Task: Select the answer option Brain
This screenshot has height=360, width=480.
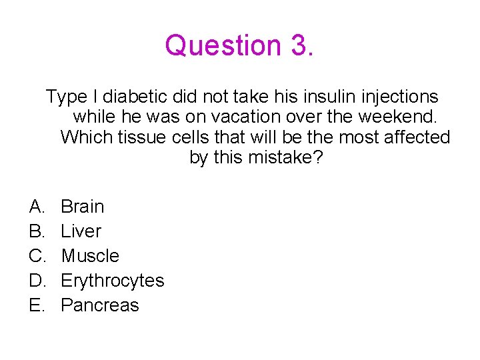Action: pyautogui.click(x=82, y=207)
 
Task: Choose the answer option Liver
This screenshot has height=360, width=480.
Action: pyautogui.click(x=81, y=231)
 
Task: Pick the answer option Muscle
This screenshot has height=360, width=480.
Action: pyautogui.click(x=89, y=256)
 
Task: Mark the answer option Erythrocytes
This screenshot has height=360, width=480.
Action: pyautogui.click(x=112, y=281)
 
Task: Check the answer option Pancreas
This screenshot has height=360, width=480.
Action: pyautogui.click(x=99, y=305)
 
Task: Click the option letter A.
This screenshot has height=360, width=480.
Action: pyautogui.click(x=36, y=207)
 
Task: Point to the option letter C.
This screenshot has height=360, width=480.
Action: pyautogui.click(x=37, y=256)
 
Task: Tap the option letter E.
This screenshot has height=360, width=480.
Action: pyautogui.click(x=36, y=305)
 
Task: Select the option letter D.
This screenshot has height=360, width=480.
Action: pyautogui.click(x=37, y=281)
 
